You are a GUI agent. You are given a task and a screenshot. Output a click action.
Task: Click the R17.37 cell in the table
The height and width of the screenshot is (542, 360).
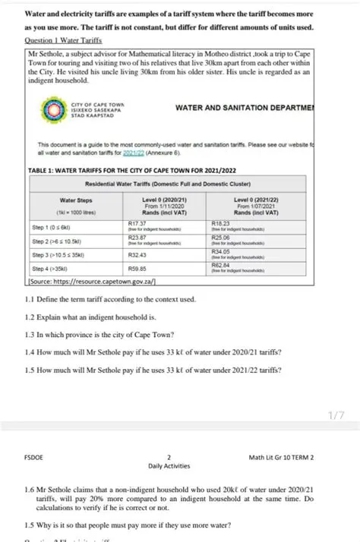137,223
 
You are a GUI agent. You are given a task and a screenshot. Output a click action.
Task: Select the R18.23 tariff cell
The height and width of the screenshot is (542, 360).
219,223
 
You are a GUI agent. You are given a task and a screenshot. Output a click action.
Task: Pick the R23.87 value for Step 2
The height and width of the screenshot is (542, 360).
137,238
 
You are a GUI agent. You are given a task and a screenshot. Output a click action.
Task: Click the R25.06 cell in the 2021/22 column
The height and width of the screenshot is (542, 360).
219,238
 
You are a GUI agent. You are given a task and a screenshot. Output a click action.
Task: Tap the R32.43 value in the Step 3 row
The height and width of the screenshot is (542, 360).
137,254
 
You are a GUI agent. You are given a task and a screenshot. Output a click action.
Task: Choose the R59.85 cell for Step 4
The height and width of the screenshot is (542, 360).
137,269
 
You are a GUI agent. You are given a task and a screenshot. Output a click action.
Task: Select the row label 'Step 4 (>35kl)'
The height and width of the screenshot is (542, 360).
49,269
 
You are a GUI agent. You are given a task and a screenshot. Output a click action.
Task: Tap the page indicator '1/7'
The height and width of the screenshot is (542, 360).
337,414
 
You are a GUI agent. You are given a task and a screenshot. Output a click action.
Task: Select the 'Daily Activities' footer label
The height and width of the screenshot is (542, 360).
169,466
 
